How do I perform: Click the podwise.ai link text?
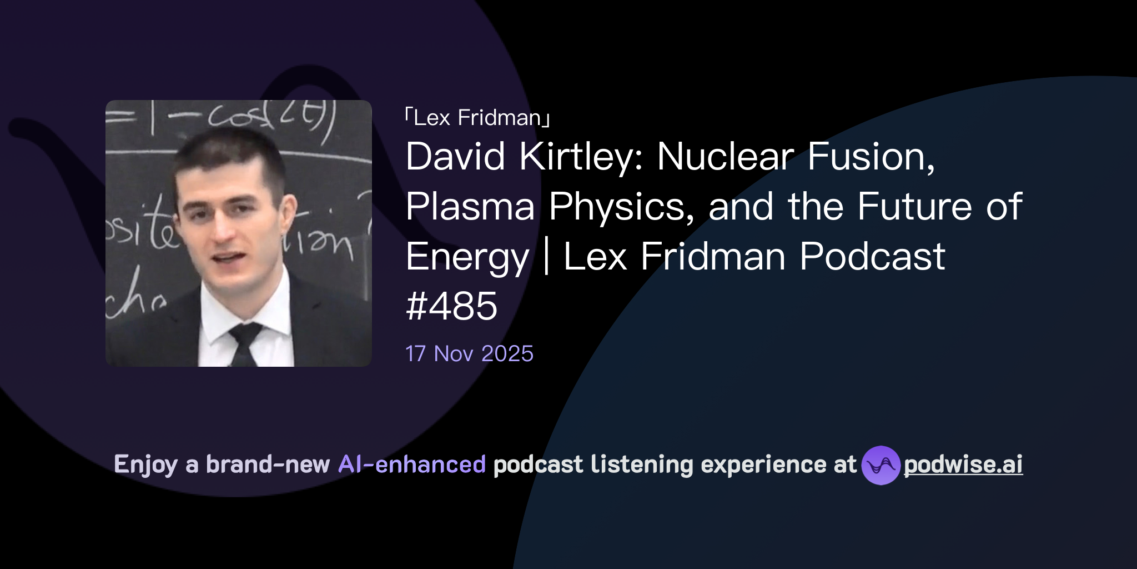pos(963,465)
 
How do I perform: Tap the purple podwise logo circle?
pos(881,465)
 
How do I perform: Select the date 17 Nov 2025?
pos(469,354)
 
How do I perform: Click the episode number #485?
pos(451,306)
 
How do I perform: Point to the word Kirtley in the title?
pos(581,156)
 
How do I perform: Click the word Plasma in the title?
pos(470,206)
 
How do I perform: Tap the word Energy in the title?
pos(467,257)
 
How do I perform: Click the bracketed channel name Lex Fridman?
pos(477,118)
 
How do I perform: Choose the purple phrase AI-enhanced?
pos(412,465)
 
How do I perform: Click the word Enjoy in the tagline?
pos(145,465)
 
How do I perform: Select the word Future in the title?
pos(914,206)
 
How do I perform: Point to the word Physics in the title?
pos(621,206)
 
